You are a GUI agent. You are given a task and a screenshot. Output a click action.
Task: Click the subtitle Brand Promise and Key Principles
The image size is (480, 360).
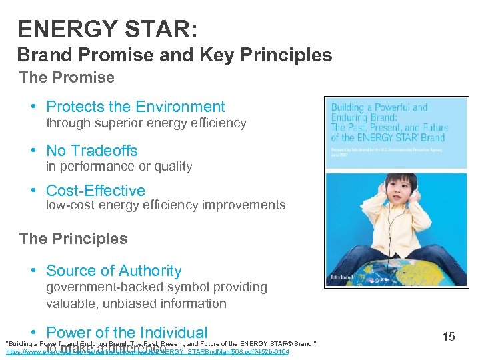174,55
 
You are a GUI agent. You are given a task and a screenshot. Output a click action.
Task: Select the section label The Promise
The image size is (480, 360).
67,77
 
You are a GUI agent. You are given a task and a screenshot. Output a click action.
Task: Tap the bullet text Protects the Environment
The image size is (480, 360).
135,107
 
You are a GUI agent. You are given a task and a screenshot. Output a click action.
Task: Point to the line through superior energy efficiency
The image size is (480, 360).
146,123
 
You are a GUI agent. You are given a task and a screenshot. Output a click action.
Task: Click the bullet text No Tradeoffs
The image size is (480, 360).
92,151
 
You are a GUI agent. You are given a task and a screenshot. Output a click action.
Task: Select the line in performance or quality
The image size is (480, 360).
119,167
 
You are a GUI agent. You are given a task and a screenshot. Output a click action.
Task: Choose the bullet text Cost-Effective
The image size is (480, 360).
95,191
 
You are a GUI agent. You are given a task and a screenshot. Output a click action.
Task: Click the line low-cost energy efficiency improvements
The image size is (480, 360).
165,205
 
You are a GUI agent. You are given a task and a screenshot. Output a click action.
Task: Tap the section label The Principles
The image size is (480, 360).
73,239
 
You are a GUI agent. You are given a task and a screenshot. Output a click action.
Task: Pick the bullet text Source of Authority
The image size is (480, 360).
113,271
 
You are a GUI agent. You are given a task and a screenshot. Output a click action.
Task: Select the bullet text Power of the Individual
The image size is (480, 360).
127,332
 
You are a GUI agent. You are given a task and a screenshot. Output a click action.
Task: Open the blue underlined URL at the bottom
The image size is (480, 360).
147,351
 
